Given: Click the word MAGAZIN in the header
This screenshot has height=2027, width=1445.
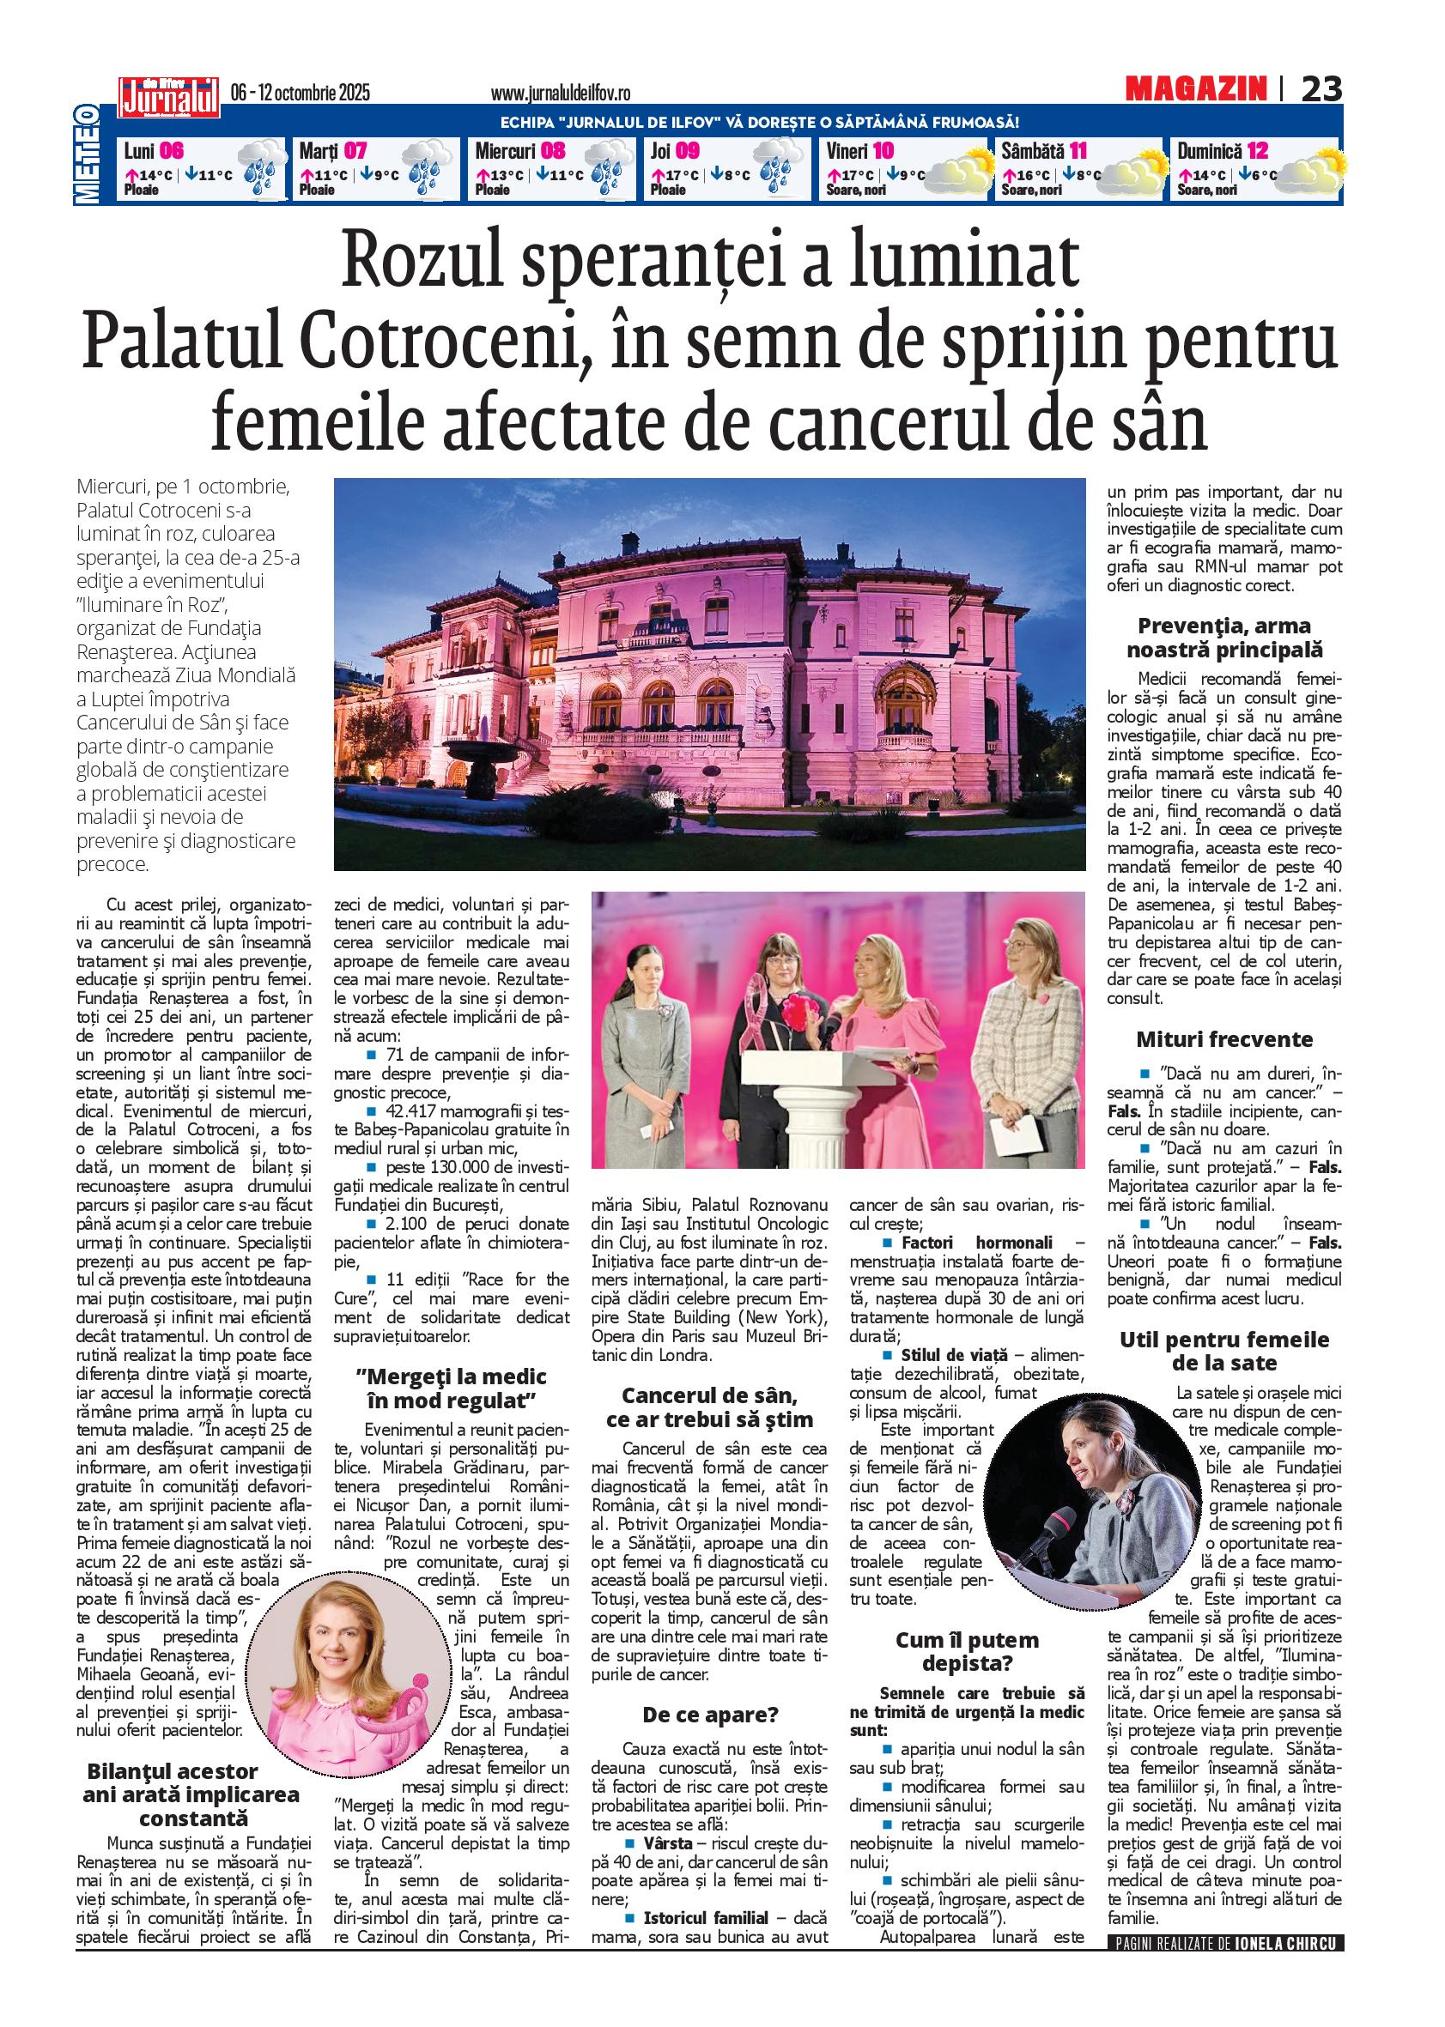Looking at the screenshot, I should coord(1195,88).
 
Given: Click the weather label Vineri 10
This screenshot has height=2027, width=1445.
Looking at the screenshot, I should coord(859,151).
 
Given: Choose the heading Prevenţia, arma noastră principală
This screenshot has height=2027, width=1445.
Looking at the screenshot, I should coord(1223,638).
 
